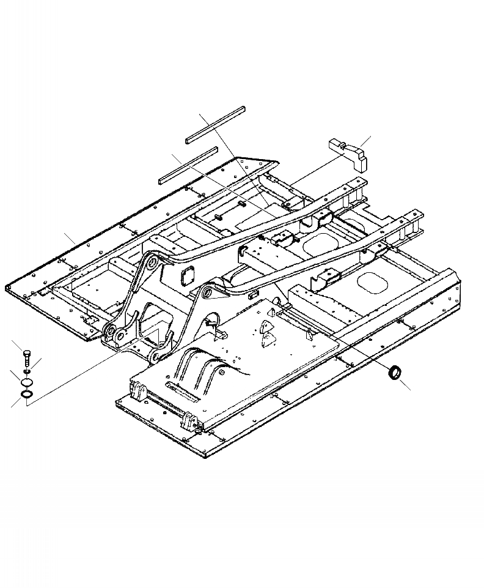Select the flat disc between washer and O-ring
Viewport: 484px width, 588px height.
[x=26, y=383]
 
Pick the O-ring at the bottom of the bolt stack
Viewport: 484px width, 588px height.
[x=27, y=396]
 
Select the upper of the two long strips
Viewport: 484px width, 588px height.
[x=216, y=125]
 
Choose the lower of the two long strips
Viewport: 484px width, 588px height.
[x=188, y=165]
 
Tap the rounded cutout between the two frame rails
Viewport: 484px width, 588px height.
[x=318, y=244]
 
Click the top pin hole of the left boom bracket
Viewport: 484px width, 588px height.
[x=148, y=265]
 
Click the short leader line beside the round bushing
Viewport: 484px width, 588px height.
[x=406, y=384]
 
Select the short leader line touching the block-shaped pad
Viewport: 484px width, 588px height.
[x=364, y=143]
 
